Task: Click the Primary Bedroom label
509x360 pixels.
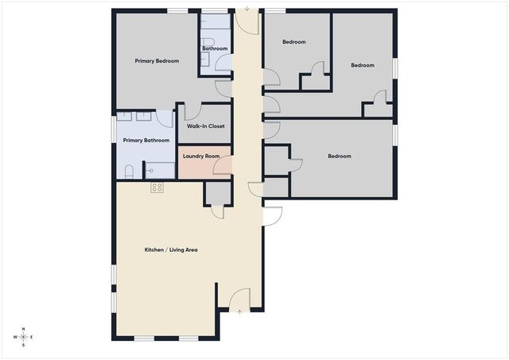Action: tap(157, 61)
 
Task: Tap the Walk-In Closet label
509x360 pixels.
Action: tap(205, 126)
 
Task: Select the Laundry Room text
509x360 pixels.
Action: tap(200, 156)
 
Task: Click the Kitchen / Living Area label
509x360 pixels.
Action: tap(170, 250)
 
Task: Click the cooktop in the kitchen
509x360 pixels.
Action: tap(157, 188)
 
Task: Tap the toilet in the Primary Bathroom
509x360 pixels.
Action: tap(129, 172)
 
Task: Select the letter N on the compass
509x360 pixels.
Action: tap(24, 328)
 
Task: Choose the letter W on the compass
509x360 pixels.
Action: tap(14, 337)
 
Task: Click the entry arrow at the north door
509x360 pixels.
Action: tap(247, 10)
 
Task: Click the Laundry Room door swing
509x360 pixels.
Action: tap(224, 165)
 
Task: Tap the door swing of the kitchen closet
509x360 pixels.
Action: tap(217, 212)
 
